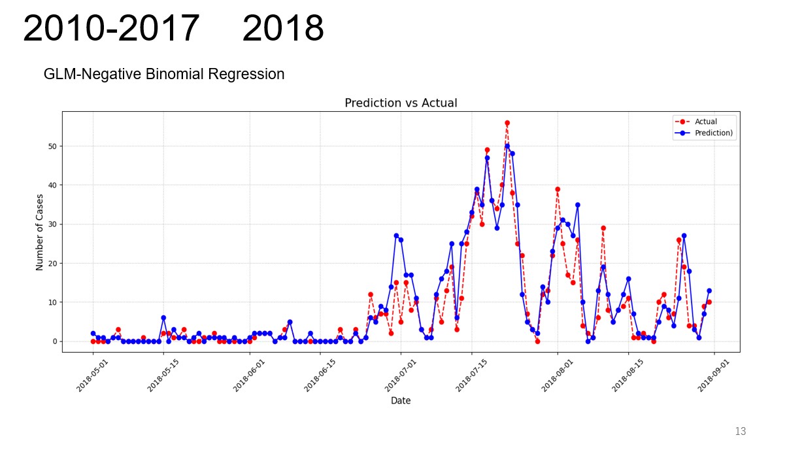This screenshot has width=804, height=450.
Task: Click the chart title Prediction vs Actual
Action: pyautogui.click(x=401, y=103)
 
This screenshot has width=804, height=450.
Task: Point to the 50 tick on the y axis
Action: pyautogui.click(x=53, y=146)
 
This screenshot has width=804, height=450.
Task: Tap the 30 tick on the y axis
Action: pyautogui.click(x=53, y=224)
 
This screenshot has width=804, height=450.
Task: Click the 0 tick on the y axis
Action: pyautogui.click(x=55, y=341)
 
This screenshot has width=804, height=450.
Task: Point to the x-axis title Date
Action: pyautogui.click(x=401, y=400)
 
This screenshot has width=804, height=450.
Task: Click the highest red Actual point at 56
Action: pyautogui.click(x=507, y=123)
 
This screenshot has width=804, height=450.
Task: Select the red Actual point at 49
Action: pyautogui.click(x=487, y=150)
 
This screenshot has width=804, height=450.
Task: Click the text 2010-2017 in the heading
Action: pyautogui.click(x=111, y=29)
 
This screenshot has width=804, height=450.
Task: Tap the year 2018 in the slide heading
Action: pyautogui.click(x=282, y=29)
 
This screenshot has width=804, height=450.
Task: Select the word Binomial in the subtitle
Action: pyautogui.click(x=176, y=75)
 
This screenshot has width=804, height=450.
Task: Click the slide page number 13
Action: pyautogui.click(x=741, y=431)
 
